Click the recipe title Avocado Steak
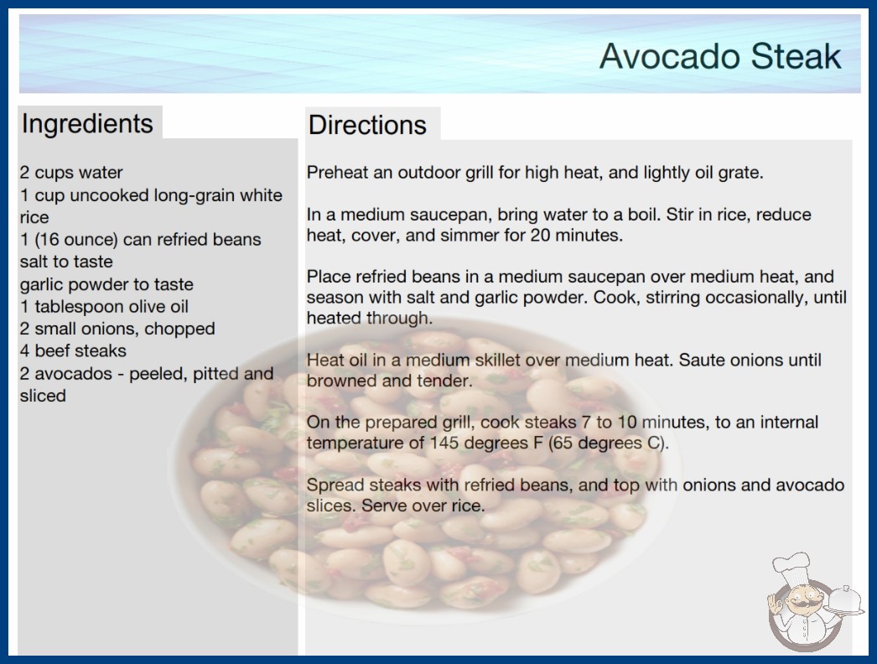click(720, 56)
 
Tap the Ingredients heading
click(86, 124)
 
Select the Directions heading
click(367, 125)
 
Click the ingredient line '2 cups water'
click(71, 173)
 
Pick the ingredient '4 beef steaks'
click(73, 350)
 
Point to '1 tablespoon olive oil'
click(104, 307)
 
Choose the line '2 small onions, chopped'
click(117, 329)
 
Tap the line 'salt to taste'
click(66, 262)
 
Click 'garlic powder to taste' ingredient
click(106, 284)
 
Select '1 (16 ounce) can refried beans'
click(140, 240)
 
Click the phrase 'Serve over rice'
click(421, 506)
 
